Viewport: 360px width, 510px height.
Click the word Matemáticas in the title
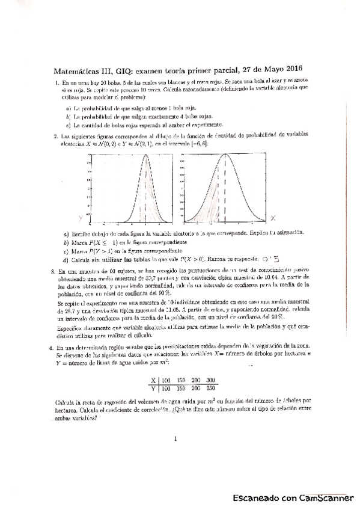[73, 69]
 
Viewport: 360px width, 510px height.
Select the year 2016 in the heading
[291, 69]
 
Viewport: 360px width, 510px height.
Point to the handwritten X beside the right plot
[272, 217]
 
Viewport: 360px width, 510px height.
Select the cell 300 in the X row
[210, 380]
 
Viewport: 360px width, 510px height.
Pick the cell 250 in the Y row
[210, 389]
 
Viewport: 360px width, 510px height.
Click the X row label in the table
[154, 380]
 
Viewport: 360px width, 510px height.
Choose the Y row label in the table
[154, 389]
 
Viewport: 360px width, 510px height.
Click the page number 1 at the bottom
[175, 439]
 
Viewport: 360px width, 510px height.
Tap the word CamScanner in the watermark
[322, 499]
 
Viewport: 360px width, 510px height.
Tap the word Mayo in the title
[267, 69]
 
